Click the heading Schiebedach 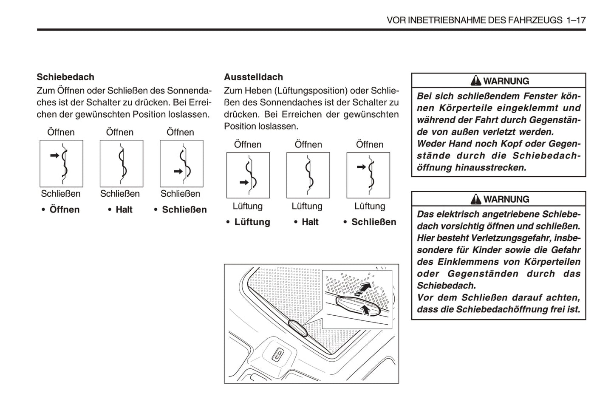tap(65, 77)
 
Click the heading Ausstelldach tap(253, 77)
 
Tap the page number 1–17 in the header tap(576, 20)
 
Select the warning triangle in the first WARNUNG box tap(476, 80)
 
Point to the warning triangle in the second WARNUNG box tap(476, 198)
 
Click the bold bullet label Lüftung tap(252, 222)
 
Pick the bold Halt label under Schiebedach tap(124, 209)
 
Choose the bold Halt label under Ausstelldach tap(310, 222)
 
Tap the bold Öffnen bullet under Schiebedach tap(64, 209)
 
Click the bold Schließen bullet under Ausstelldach tap(373, 222)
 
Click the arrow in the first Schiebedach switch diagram tap(55, 156)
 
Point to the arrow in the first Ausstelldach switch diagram tap(244, 183)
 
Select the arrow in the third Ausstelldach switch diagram tap(361, 167)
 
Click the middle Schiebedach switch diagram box tap(122, 164)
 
